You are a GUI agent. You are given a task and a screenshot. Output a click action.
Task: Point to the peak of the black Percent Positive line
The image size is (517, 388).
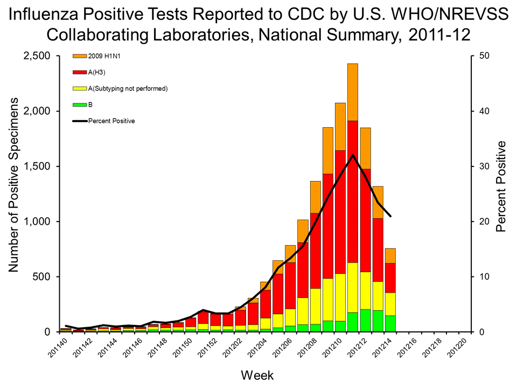353,155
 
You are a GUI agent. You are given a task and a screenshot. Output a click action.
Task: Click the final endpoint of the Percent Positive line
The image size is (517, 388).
390,217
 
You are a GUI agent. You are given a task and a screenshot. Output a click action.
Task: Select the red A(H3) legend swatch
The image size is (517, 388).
79,72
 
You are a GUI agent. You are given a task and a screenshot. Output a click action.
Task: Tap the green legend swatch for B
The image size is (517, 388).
79,105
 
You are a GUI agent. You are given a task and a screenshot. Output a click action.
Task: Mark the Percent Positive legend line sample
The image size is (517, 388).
79,121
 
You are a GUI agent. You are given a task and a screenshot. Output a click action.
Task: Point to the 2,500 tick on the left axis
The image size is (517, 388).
37,56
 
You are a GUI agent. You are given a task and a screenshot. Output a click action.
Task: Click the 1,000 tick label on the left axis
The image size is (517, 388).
37,221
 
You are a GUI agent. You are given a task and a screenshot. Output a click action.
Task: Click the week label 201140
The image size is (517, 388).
55,350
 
